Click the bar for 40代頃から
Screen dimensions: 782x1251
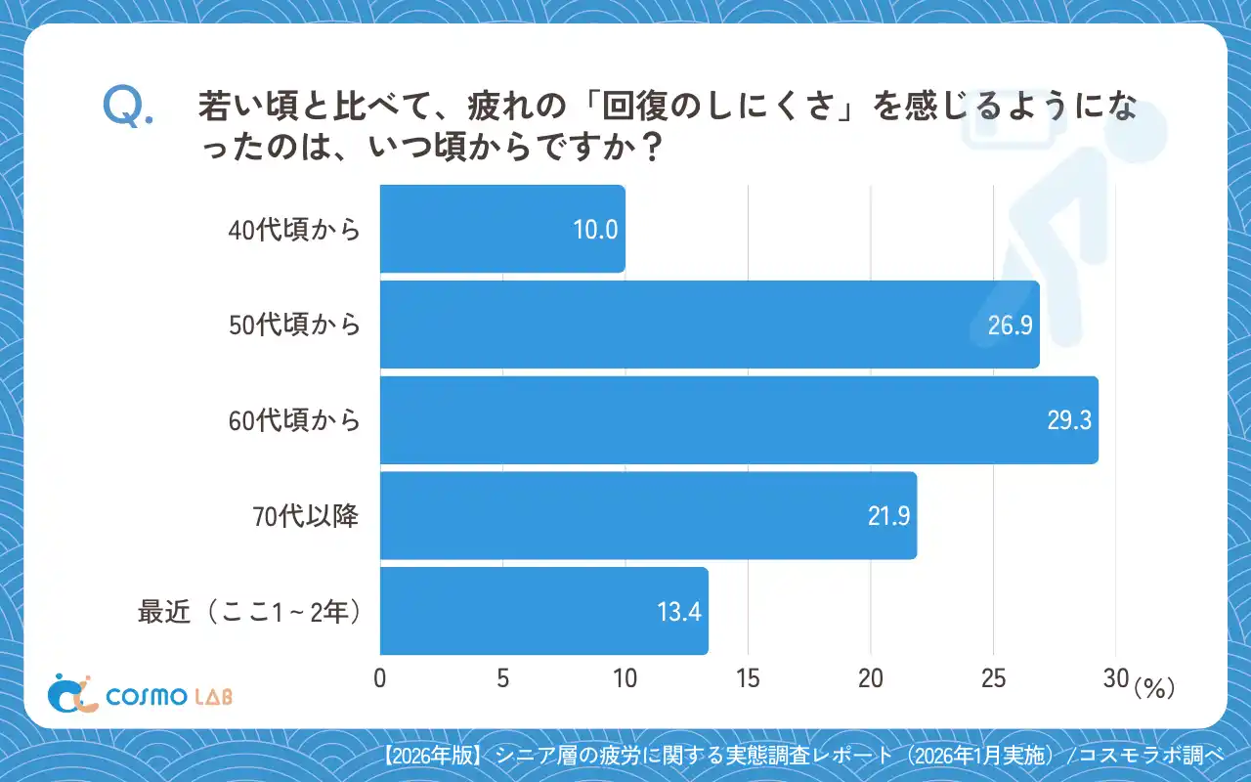point(501,229)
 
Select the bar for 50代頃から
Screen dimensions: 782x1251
point(709,325)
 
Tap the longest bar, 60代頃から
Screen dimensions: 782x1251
point(738,420)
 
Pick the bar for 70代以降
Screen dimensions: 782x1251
point(647,516)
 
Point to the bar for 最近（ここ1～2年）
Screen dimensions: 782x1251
point(543,611)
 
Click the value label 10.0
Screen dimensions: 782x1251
point(595,230)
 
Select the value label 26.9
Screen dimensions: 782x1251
point(1010,326)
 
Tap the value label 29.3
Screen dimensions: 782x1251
point(1068,421)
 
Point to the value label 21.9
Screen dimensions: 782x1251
point(887,517)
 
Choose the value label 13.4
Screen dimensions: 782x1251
point(678,613)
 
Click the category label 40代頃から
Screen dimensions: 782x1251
point(294,231)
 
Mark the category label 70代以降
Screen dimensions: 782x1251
point(306,517)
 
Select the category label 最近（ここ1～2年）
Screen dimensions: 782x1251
point(250,613)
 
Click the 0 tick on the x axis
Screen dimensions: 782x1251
point(380,679)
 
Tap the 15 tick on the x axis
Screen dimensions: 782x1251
point(748,679)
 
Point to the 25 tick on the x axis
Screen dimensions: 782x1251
point(993,679)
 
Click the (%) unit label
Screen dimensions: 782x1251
point(1153,688)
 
